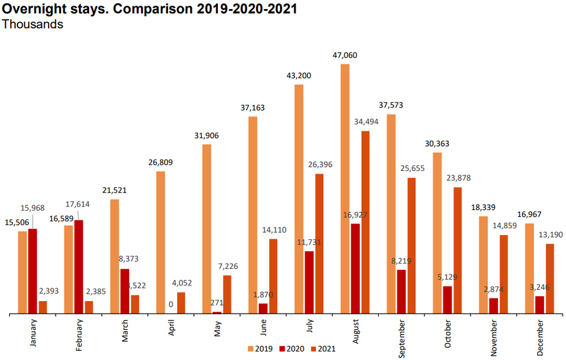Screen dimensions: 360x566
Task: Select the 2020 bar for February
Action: (79, 267)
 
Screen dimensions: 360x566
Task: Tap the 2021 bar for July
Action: (320, 243)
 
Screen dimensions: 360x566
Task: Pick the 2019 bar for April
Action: (160, 242)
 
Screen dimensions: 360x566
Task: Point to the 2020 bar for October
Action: (447, 299)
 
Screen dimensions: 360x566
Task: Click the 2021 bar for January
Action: (43, 307)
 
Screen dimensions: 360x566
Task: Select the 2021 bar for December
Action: (550, 278)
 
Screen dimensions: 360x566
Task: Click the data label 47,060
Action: (345, 55)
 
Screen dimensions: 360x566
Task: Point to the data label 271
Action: (217, 303)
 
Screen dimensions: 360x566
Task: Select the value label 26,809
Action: (161, 162)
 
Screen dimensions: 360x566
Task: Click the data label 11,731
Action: (308, 242)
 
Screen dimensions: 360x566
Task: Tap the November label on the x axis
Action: (495, 337)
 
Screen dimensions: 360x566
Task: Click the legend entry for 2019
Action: (258, 349)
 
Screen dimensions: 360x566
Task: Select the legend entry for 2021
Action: (321, 349)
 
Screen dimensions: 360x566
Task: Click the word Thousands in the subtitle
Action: (33, 25)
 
